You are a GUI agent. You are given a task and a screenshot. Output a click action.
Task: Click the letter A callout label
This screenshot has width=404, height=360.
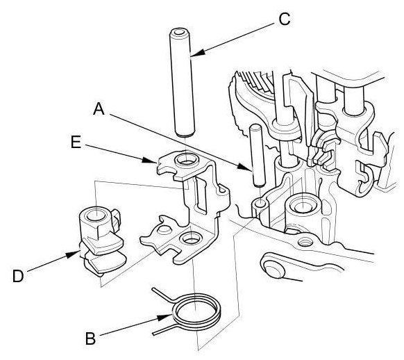pos(99,109)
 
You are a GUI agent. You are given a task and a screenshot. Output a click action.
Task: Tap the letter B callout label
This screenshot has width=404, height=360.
pos(90,338)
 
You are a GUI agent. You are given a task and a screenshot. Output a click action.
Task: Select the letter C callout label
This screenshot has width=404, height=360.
pos(285,19)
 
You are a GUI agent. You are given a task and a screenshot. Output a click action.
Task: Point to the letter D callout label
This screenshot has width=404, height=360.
pos(18,276)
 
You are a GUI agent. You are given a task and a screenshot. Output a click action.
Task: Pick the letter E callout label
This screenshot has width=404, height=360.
pos(76,142)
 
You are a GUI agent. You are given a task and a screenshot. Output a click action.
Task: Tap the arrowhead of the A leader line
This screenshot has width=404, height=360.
pos(244,167)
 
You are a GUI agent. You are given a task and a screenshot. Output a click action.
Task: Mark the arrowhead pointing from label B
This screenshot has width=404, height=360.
pos(165,317)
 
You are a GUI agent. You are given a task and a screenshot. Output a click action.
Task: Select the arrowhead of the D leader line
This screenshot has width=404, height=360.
pos(71,255)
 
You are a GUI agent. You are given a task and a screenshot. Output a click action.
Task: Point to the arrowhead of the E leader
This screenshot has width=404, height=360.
pos(149,160)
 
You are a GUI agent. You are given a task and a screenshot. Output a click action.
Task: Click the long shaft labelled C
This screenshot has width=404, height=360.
pos(182,83)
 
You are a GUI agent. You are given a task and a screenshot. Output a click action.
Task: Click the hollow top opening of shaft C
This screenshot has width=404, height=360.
pos(179,33)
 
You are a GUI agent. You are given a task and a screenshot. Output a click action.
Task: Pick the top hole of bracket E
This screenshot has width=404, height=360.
pos(187,161)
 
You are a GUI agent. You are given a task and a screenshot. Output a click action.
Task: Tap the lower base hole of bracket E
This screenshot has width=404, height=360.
pos(191,239)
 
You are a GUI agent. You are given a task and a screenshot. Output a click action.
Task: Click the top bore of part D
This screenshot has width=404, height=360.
pos(96,215)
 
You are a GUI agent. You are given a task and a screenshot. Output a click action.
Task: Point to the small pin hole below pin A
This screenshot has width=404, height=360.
pos(260,204)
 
